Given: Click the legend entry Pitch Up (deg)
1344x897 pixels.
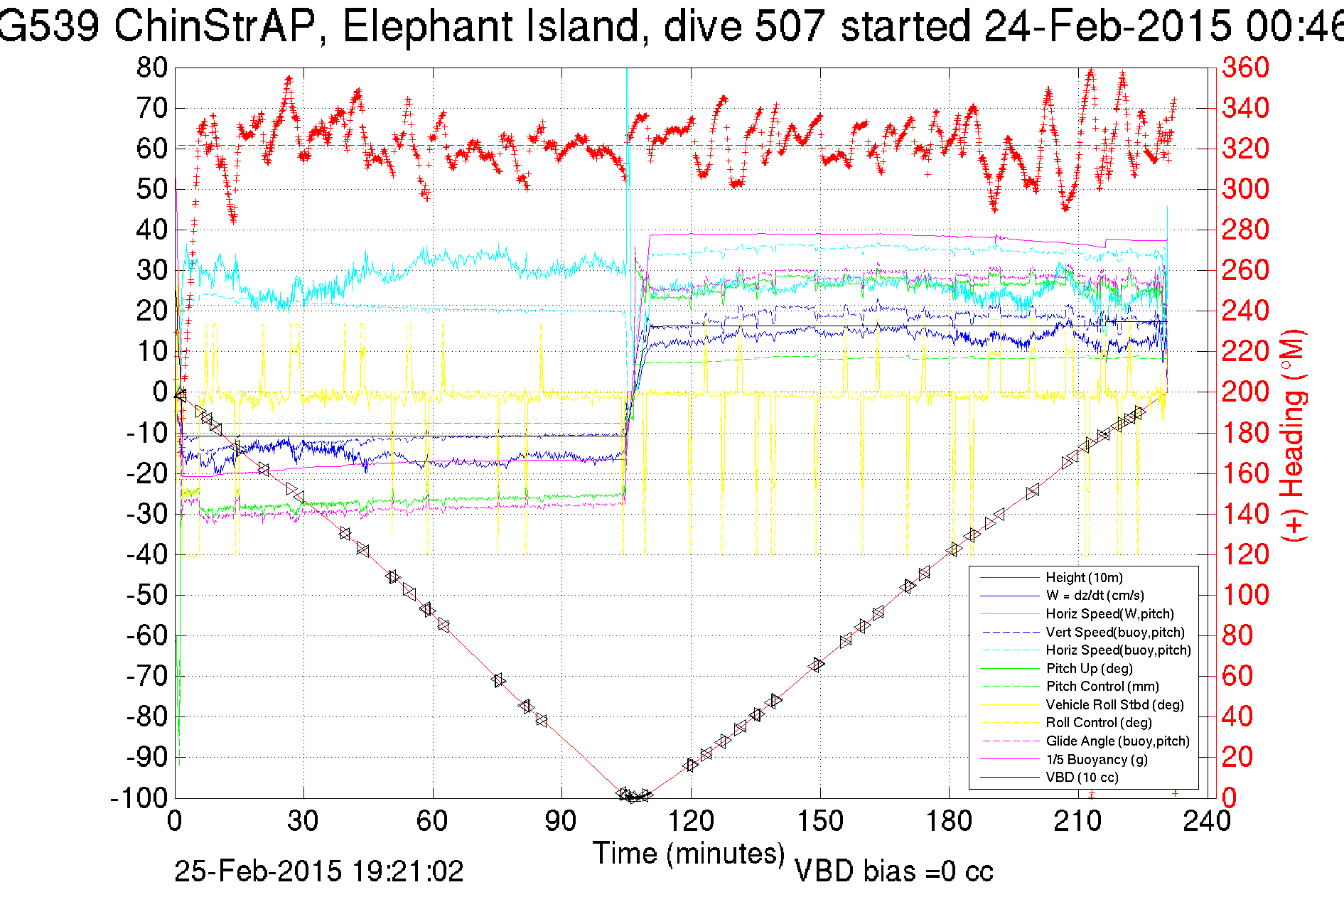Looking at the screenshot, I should click(1089, 668).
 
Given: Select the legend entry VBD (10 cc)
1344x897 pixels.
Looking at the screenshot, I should click(1082, 777).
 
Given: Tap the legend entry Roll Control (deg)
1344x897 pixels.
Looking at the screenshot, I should click(1098, 722).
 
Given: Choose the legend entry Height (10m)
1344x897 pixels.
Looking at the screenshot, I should click(1084, 577).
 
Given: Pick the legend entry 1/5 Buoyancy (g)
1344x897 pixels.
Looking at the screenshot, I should click(1096, 759).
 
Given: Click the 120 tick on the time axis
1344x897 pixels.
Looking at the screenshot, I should click(691, 821).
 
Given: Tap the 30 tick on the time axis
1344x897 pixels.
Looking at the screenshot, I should click(303, 821).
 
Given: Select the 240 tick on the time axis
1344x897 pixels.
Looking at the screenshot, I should click(1206, 821).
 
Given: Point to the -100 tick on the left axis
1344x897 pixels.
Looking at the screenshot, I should click(139, 797).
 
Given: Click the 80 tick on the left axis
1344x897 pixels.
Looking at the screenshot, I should click(151, 68).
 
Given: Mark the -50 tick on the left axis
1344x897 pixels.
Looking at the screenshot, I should click(146, 595).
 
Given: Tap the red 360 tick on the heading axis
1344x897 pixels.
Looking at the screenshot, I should click(1245, 68).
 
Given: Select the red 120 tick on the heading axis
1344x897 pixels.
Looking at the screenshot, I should click(1245, 554).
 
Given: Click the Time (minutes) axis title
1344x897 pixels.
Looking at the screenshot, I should click(688, 853).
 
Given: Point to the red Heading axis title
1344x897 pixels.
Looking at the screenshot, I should click(1294, 435).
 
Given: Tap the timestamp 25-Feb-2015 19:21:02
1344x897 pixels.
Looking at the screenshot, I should click(318, 871).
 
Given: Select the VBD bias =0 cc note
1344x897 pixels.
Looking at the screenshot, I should click(893, 871).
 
